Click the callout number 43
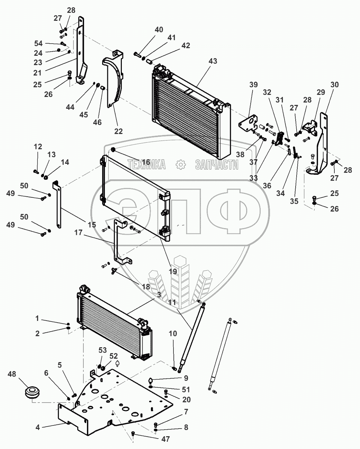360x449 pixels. (x=213, y=61)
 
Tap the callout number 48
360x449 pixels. (x=12, y=374)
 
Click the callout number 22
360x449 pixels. (x=118, y=131)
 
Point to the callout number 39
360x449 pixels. (x=253, y=85)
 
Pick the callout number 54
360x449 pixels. (x=38, y=43)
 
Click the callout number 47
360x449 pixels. (x=166, y=439)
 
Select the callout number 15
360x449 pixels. (x=92, y=225)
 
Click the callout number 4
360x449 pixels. (x=38, y=428)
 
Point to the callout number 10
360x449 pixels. (x=173, y=333)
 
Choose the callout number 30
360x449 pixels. (x=334, y=85)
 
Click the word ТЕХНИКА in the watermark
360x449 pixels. (x=146, y=165)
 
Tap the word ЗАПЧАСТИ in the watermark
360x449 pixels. (x=217, y=165)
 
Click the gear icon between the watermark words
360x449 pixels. (x=181, y=165)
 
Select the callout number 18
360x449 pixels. (x=146, y=287)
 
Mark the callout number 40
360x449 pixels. (x=159, y=30)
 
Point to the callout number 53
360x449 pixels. (x=103, y=350)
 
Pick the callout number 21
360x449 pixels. (x=38, y=73)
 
